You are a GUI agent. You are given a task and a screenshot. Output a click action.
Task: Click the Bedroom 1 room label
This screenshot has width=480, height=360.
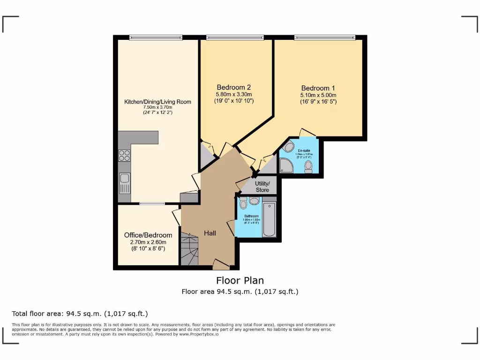click(x=318, y=88)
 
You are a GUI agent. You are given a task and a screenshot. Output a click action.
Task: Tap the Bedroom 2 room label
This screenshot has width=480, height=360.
click(x=233, y=87)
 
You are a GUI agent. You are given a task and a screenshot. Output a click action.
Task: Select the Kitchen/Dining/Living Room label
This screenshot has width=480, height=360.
click(x=157, y=102)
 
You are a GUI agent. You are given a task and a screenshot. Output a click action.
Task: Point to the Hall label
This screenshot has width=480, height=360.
click(x=210, y=233)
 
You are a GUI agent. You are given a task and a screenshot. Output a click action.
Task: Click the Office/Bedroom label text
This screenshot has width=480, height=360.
click(x=148, y=235)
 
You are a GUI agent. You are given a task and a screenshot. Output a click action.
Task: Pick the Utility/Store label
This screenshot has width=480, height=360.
click(x=262, y=187)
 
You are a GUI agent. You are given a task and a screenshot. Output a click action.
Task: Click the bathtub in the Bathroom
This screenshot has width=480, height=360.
click(x=269, y=219)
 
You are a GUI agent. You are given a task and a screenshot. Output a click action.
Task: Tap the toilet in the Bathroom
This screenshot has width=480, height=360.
click(x=243, y=203)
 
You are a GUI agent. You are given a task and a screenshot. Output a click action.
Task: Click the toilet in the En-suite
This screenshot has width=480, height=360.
click(x=308, y=166)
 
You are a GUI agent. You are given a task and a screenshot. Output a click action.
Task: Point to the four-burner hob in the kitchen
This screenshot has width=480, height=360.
click(x=124, y=155)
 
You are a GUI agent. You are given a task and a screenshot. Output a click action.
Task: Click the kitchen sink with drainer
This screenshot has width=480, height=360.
click(x=125, y=183)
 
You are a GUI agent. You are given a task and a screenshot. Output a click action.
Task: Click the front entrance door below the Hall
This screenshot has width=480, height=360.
click(x=221, y=266)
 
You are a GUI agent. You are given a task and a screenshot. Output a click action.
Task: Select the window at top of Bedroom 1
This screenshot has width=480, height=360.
click(x=324, y=37)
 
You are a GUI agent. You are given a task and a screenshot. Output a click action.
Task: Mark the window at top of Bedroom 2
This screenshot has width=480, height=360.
click(x=235, y=37)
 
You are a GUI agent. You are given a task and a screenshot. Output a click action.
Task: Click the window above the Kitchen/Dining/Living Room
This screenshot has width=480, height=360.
click(x=156, y=37)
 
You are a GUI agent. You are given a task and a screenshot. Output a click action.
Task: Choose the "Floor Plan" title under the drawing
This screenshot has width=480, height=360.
click(x=240, y=280)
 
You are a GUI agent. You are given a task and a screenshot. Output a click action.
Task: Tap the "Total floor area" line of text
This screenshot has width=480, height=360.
click(x=82, y=314)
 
